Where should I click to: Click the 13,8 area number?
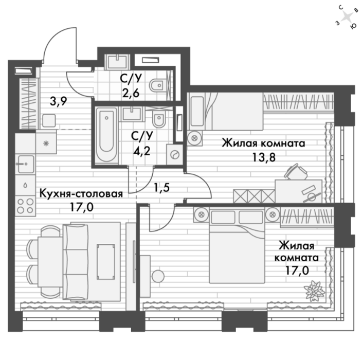coord(264,158)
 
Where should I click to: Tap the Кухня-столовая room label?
coord(81,193)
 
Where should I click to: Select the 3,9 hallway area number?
coord(59,101)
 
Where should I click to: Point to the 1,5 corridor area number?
coord(162,188)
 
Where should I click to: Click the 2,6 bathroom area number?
coord(131,94)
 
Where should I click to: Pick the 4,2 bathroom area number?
coord(142,151)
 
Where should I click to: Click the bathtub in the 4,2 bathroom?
coord(106,135)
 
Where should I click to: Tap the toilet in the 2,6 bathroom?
coord(158,85)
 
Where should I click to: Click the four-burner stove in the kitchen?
coord(25,206)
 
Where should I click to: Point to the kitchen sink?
coord(26,164)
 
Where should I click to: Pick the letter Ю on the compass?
coord(353,27)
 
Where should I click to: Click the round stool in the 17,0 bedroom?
coord(158,276)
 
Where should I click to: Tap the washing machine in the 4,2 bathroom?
coord(174,154)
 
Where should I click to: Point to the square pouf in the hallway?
coord(49,120)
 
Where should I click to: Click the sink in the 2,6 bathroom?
coord(117,61)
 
